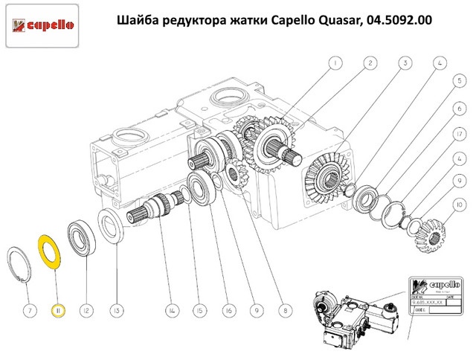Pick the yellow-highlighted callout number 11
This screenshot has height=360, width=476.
click(57, 309)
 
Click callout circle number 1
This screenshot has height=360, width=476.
click(335, 64)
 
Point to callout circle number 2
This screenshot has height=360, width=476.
click(370, 64)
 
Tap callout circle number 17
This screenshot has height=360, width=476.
click(460, 134)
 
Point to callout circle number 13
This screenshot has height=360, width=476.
click(116, 309)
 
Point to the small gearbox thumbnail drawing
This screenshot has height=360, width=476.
click(349, 316)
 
